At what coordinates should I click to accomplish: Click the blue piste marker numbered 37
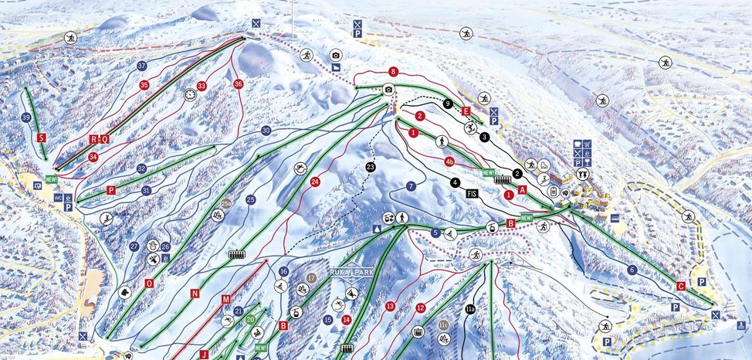click(142, 66)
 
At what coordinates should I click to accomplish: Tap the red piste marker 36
click(238, 83)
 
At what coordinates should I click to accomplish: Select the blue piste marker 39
click(26, 117)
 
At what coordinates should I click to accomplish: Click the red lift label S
click(41, 137)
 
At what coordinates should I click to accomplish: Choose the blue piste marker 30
click(266, 131)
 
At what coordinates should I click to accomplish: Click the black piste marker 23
click(371, 167)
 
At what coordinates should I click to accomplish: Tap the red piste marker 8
click(393, 71)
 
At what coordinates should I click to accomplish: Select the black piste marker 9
click(447, 104)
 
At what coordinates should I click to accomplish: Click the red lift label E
click(466, 111)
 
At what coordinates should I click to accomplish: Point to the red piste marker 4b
click(449, 161)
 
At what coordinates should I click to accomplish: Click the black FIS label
click(473, 193)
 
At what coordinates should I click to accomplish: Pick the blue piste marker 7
click(411, 186)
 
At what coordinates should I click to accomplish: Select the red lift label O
click(149, 283)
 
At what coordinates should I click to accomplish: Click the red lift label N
click(195, 293)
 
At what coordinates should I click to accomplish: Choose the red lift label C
click(680, 285)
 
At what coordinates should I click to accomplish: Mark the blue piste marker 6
click(632, 270)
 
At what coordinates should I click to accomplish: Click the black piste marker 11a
click(470, 310)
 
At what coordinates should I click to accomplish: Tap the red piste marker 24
click(315, 182)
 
